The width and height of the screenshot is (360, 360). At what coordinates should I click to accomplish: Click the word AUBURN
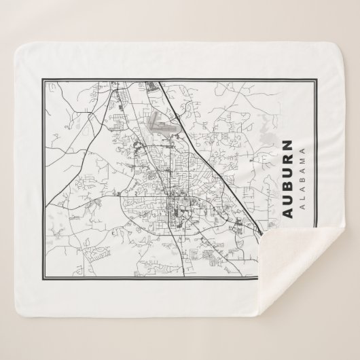288,179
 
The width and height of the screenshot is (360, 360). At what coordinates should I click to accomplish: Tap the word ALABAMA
301,179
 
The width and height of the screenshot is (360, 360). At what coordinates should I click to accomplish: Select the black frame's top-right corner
319,73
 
